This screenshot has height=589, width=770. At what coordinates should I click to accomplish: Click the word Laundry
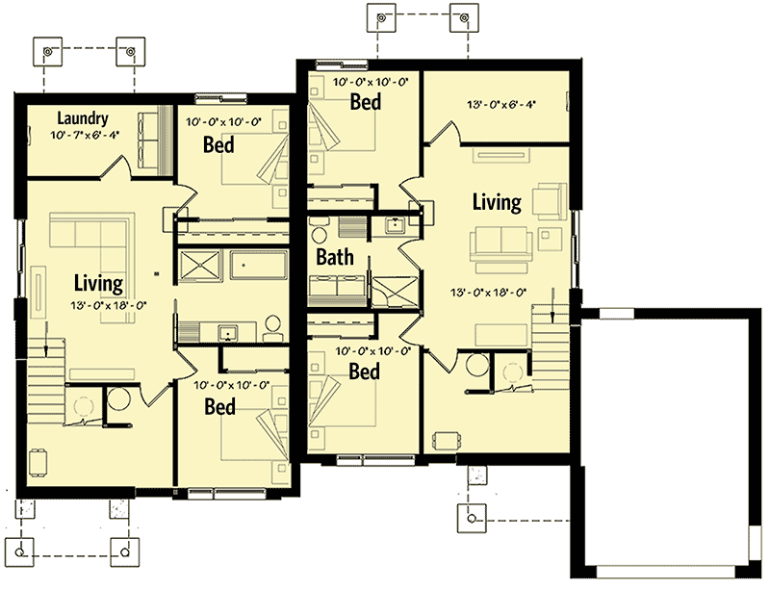click(81, 117)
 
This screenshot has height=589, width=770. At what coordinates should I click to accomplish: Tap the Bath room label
click(335, 258)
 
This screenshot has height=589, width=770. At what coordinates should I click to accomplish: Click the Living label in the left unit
click(98, 284)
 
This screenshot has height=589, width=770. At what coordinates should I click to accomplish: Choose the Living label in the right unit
click(497, 202)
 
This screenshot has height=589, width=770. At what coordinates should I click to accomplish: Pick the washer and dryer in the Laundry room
click(151, 135)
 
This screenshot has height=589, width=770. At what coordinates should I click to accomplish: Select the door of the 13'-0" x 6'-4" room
click(438, 135)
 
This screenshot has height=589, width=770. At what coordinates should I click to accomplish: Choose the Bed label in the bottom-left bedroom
click(219, 407)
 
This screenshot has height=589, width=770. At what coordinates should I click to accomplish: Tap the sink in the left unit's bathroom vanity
click(228, 334)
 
